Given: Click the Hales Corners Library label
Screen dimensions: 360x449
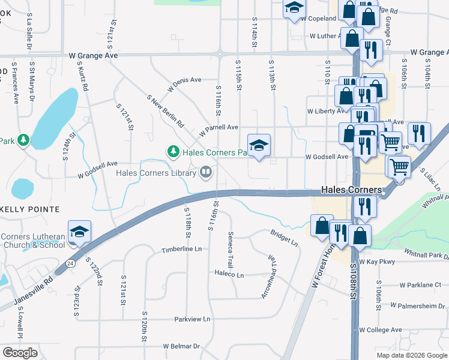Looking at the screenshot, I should (x=157, y=173).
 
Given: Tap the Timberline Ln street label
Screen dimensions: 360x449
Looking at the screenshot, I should (x=181, y=248).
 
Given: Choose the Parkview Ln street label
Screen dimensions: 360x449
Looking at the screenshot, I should (x=193, y=319).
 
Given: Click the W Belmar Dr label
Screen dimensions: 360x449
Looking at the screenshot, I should (x=181, y=346).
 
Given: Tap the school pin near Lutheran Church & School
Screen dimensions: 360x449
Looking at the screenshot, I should (x=79, y=232).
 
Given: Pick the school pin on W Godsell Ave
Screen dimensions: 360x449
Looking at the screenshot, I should (x=259, y=145).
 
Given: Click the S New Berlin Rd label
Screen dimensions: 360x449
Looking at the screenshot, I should (x=165, y=110).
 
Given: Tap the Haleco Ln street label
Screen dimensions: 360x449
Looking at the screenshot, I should (x=229, y=275).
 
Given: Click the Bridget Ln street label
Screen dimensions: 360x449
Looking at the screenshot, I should (x=284, y=237).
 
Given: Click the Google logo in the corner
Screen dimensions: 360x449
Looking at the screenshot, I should (x=20, y=353).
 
